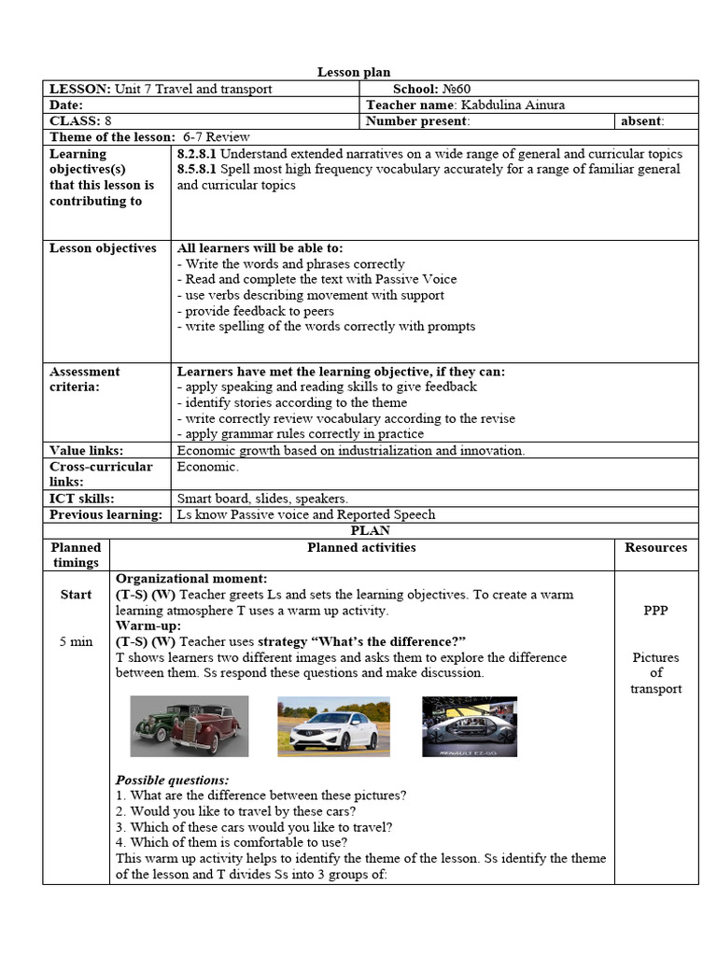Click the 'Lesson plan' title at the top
354,72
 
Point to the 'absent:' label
642,120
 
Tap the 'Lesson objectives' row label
103,248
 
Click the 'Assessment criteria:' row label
85,379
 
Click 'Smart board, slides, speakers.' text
262,499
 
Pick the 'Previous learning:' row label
105,514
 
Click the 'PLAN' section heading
370,530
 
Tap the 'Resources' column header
655,548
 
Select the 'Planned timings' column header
76,555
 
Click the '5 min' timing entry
76,641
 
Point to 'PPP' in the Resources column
655,611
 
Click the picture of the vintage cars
189,725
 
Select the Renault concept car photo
470,725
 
